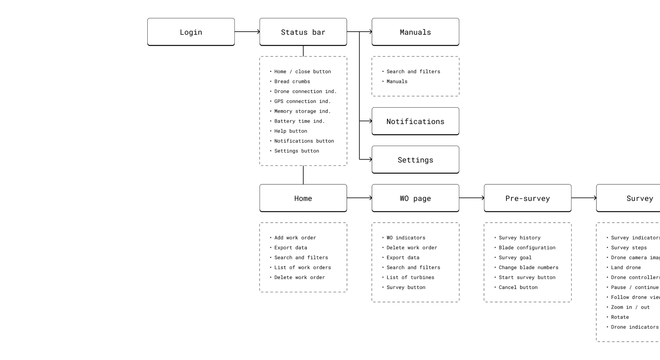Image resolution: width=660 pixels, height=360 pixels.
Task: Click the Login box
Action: (x=191, y=32)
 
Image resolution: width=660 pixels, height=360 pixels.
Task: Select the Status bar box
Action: (x=303, y=32)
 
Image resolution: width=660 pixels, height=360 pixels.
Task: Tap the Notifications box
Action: (x=415, y=121)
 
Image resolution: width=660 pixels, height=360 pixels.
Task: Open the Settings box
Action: (x=415, y=160)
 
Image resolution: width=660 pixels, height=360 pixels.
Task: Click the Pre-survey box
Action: (x=527, y=198)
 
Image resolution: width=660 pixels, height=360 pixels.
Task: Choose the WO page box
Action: (x=415, y=198)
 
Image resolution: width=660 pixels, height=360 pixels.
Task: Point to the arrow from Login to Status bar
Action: (x=247, y=32)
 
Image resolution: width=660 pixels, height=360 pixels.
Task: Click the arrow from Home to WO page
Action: (x=359, y=198)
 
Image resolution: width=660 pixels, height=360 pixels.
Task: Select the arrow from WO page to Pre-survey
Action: (x=471, y=198)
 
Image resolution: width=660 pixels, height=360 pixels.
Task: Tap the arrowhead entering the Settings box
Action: (x=370, y=159)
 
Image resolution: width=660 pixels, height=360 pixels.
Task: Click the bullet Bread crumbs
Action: (x=292, y=81)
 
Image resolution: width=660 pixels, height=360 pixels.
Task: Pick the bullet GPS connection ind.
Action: (x=302, y=101)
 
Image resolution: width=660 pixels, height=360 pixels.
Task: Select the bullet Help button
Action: (x=291, y=131)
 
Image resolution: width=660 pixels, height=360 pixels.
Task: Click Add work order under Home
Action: (x=295, y=238)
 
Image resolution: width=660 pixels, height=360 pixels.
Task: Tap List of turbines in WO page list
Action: (x=410, y=277)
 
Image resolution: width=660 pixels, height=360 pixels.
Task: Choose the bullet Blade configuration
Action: (x=527, y=248)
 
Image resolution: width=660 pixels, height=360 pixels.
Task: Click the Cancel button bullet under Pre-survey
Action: (x=518, y=287)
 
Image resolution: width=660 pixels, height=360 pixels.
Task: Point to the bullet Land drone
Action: (x=626, y=267)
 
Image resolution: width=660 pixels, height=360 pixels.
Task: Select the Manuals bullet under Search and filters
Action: (x=397, y=81)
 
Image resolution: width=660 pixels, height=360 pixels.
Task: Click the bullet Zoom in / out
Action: (x=630, y=307)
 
